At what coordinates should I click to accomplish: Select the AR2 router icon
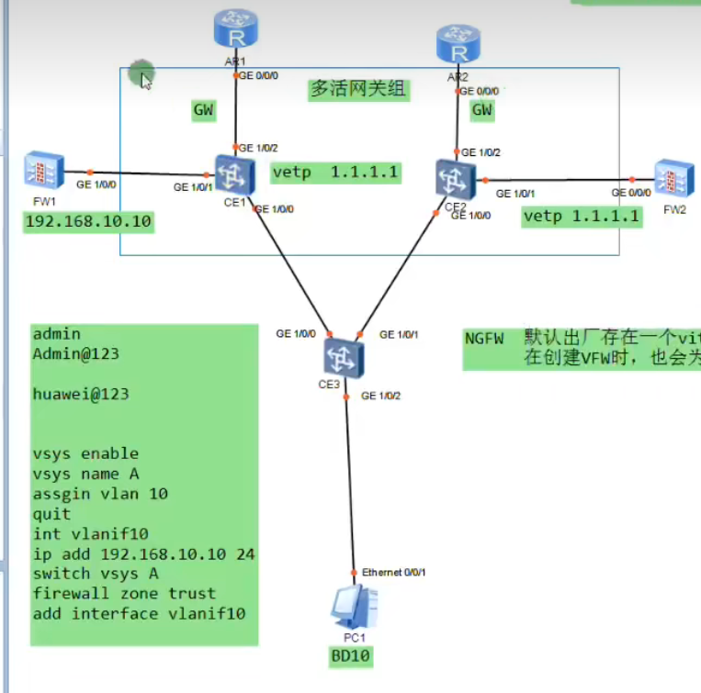click(457, 43)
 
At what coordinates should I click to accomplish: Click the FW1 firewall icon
click(43, 171)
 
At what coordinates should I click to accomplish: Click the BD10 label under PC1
click(351, 656)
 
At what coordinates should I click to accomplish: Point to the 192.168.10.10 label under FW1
click(88, 221)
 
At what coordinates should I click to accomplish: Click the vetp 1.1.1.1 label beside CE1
click(335, 172)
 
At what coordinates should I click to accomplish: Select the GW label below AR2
click(481, 111)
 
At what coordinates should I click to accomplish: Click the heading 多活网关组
click(358, 89)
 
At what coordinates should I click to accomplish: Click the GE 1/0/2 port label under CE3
click(380, 396)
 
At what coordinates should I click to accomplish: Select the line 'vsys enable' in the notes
click(85, 453)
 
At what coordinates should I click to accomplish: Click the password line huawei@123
click(81, 394)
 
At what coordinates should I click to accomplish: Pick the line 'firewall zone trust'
click(124, 593)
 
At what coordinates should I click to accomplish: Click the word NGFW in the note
click(484, 338)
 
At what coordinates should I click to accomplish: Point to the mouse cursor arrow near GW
click(145, 80)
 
